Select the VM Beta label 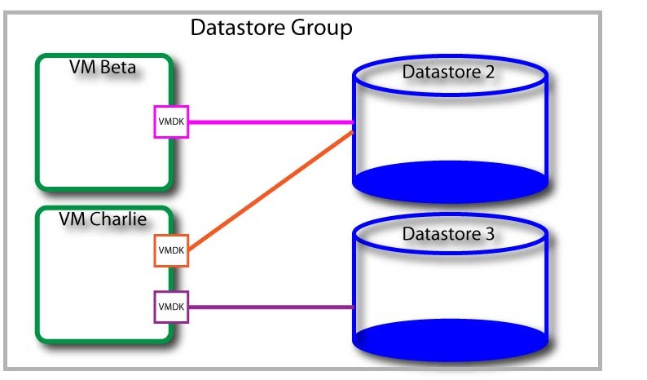click(x=103, y=66)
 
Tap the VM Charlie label click(x=103, y=219)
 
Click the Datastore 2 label click(x=448, y=72)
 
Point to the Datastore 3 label click(x=448, y=234)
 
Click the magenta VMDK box click(x=171, y=122)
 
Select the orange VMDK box click(x=171, y=250)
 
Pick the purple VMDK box click(x=171, y=307)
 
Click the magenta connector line click(x=269, y=123)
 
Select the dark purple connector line click(x=269, y=307)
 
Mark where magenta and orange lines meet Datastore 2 click(x=352, y=126)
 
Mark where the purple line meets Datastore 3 click(x=353, y=307)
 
